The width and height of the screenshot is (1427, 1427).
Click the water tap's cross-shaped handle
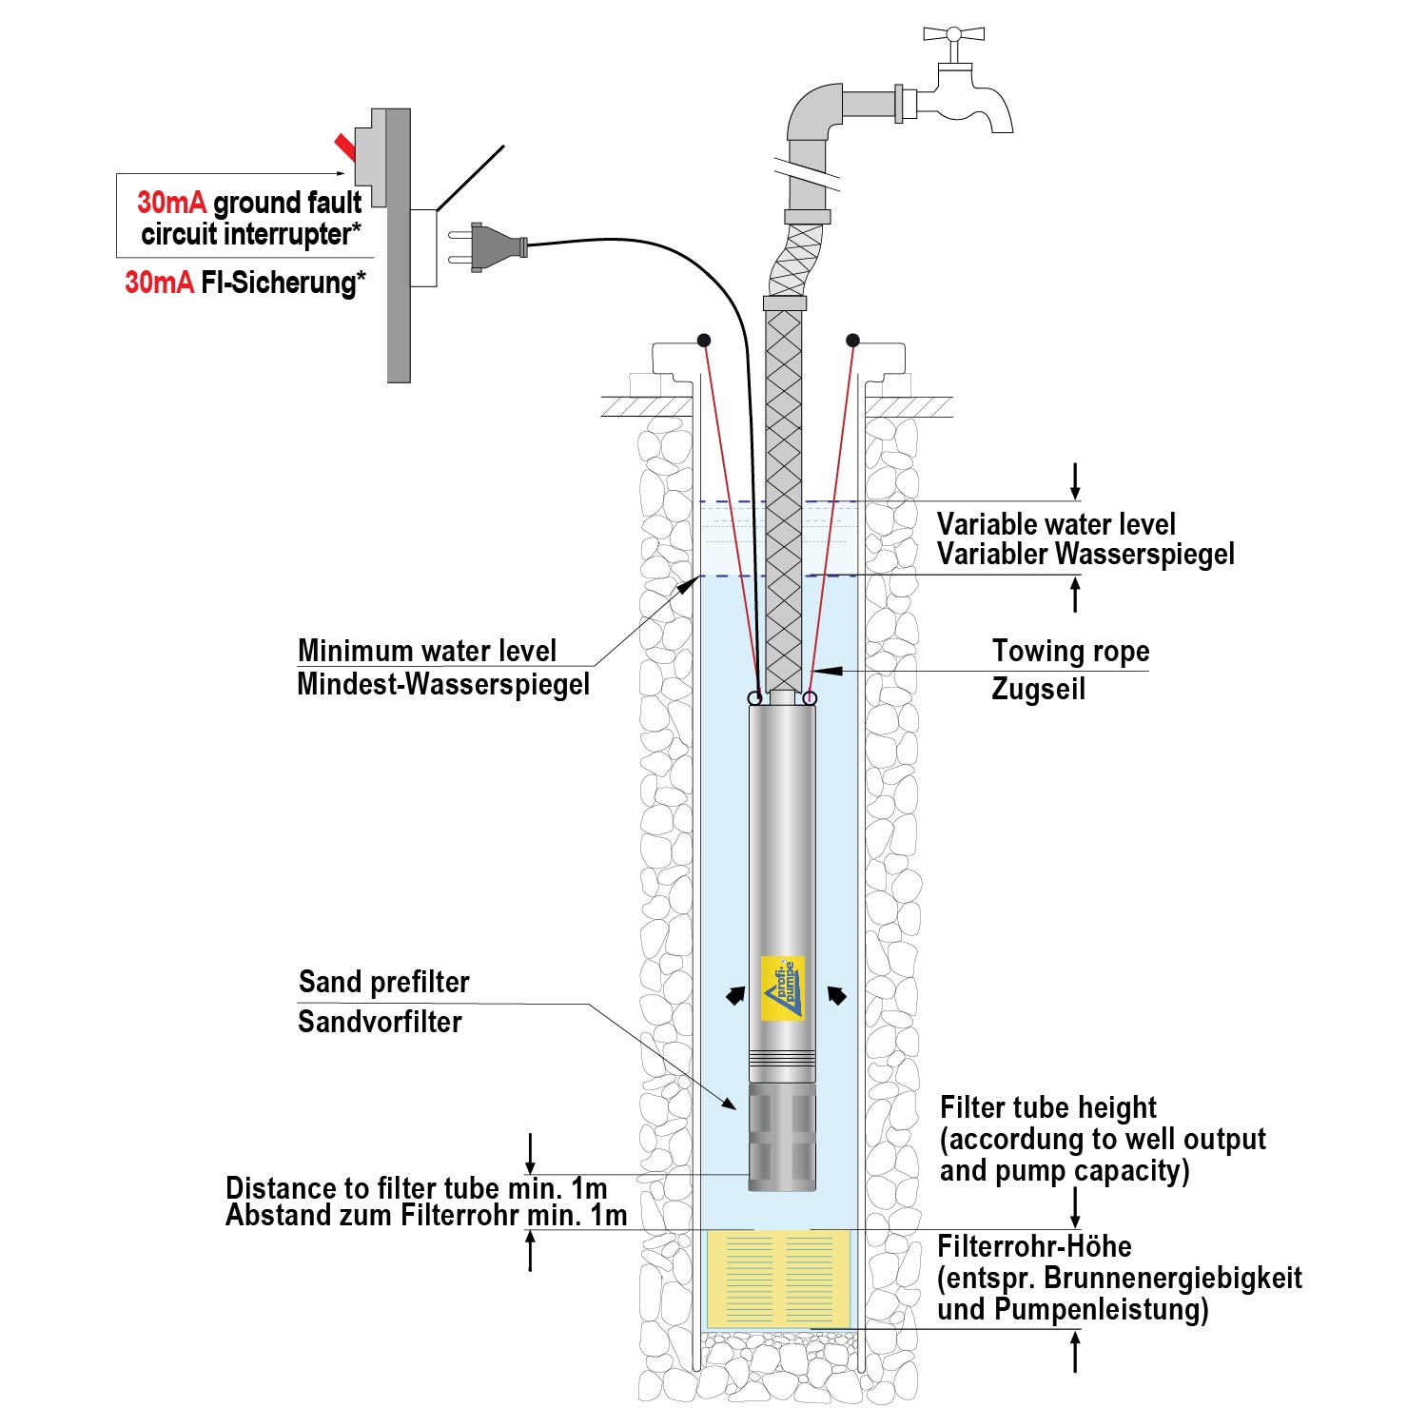[x=952, y=35]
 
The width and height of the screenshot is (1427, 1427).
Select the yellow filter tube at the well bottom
[x=778, y=1278]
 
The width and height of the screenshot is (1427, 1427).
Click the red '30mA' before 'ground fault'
[x=171, y=203]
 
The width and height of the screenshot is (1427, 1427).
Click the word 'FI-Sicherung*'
[x=283, y=283]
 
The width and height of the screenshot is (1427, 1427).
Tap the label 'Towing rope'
[x=1070, y=652]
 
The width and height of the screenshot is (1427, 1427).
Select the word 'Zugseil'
[x=1038, y=689]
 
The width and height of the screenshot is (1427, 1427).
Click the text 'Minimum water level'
[x=427, y=651]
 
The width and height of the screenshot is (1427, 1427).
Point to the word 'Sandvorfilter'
[x=380, y=1022]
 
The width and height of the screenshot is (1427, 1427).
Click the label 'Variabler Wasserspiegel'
[x=1085, y=554]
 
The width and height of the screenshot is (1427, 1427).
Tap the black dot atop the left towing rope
[x=704, y=341]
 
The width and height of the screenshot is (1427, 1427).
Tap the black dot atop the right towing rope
[x=852, y=341]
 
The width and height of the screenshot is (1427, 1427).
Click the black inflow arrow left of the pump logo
[x=735, y=996]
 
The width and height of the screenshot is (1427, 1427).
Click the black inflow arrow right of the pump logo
[x=836, y=996]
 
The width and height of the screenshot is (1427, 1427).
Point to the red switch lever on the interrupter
[x=344, y=147]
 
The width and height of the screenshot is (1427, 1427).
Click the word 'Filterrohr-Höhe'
[x=1034, y=1246]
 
